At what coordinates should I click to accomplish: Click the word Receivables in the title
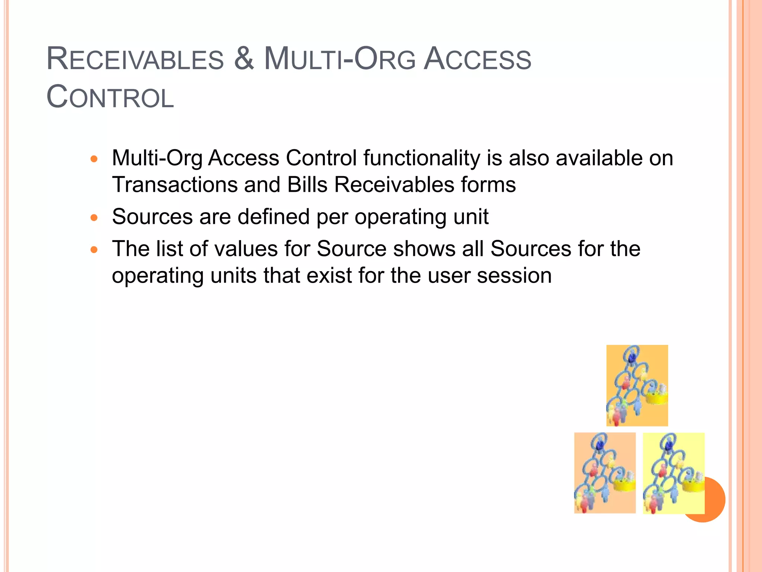135,60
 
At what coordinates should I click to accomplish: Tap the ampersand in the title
244,59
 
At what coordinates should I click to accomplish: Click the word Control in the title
110,98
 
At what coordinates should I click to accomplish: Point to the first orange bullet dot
94,159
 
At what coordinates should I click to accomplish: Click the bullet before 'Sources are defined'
94,218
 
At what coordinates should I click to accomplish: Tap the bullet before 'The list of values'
94,250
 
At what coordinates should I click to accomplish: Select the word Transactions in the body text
175,185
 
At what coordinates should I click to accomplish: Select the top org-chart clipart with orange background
637,385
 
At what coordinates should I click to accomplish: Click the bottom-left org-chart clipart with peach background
605,473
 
